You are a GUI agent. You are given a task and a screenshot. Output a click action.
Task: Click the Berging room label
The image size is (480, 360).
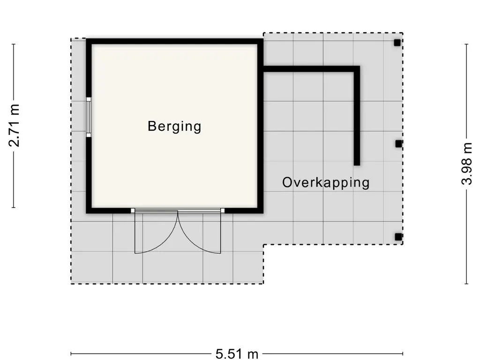pos(174,127)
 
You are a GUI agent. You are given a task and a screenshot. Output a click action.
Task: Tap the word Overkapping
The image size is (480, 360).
pos(326,182)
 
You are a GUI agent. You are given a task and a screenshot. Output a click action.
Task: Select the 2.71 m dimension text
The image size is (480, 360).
pos(15,126)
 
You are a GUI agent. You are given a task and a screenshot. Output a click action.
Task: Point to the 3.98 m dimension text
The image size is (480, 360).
pos(467,164)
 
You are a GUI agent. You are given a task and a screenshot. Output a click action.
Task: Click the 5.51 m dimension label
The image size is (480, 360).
pos(237,354)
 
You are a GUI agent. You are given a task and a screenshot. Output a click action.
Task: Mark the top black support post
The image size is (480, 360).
pos(397,43)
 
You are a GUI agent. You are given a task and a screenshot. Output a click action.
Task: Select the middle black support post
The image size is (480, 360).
pos(398,143)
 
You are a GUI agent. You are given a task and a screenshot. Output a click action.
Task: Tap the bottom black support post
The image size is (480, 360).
pos(398,237)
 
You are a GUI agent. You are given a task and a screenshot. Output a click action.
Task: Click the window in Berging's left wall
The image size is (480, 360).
pos(89,117)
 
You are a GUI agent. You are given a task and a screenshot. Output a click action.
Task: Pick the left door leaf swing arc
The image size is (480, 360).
pos(165,242)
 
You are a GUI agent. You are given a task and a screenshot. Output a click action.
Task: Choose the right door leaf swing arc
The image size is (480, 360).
pos(190,242)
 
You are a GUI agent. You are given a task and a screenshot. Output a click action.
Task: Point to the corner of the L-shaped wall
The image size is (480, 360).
pos(357,69)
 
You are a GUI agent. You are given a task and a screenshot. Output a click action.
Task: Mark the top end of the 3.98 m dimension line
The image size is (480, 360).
pos(466,44)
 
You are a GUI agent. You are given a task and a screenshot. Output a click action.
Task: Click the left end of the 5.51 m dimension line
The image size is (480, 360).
pos(71,354)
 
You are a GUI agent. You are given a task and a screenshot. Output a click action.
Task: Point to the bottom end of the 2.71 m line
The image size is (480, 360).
pos(14,207)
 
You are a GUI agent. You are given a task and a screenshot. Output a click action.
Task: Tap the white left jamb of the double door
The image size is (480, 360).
pos(133,210)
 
